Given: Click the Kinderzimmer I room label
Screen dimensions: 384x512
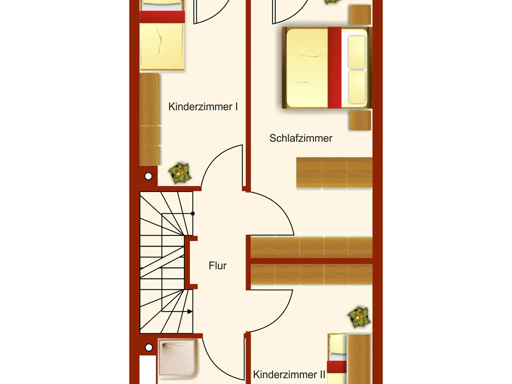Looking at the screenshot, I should (203, 107).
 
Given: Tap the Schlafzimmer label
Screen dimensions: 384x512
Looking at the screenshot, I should (301, 138).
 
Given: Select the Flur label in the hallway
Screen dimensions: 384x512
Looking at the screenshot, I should (218, 266).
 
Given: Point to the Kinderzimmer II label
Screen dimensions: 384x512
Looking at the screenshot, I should (289, 375).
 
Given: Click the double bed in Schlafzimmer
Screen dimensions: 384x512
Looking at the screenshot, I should (326, 67).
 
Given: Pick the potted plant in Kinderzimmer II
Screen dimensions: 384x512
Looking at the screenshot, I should (359, 317).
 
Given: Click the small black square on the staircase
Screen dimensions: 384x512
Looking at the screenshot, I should (193, 213).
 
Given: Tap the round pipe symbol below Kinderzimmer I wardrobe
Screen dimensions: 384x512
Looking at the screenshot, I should (148, 176).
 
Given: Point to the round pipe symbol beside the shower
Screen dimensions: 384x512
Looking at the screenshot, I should (148, 347).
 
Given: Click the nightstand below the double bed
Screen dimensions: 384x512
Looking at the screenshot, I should (360, 121).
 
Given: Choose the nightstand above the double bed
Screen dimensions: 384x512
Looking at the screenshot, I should (360, 15).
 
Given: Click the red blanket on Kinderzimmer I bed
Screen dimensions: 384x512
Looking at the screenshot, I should (162, 17).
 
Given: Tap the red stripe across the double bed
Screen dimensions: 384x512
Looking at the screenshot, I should (335, 67).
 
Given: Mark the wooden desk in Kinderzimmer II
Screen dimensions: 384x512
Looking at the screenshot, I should (359, 358).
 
